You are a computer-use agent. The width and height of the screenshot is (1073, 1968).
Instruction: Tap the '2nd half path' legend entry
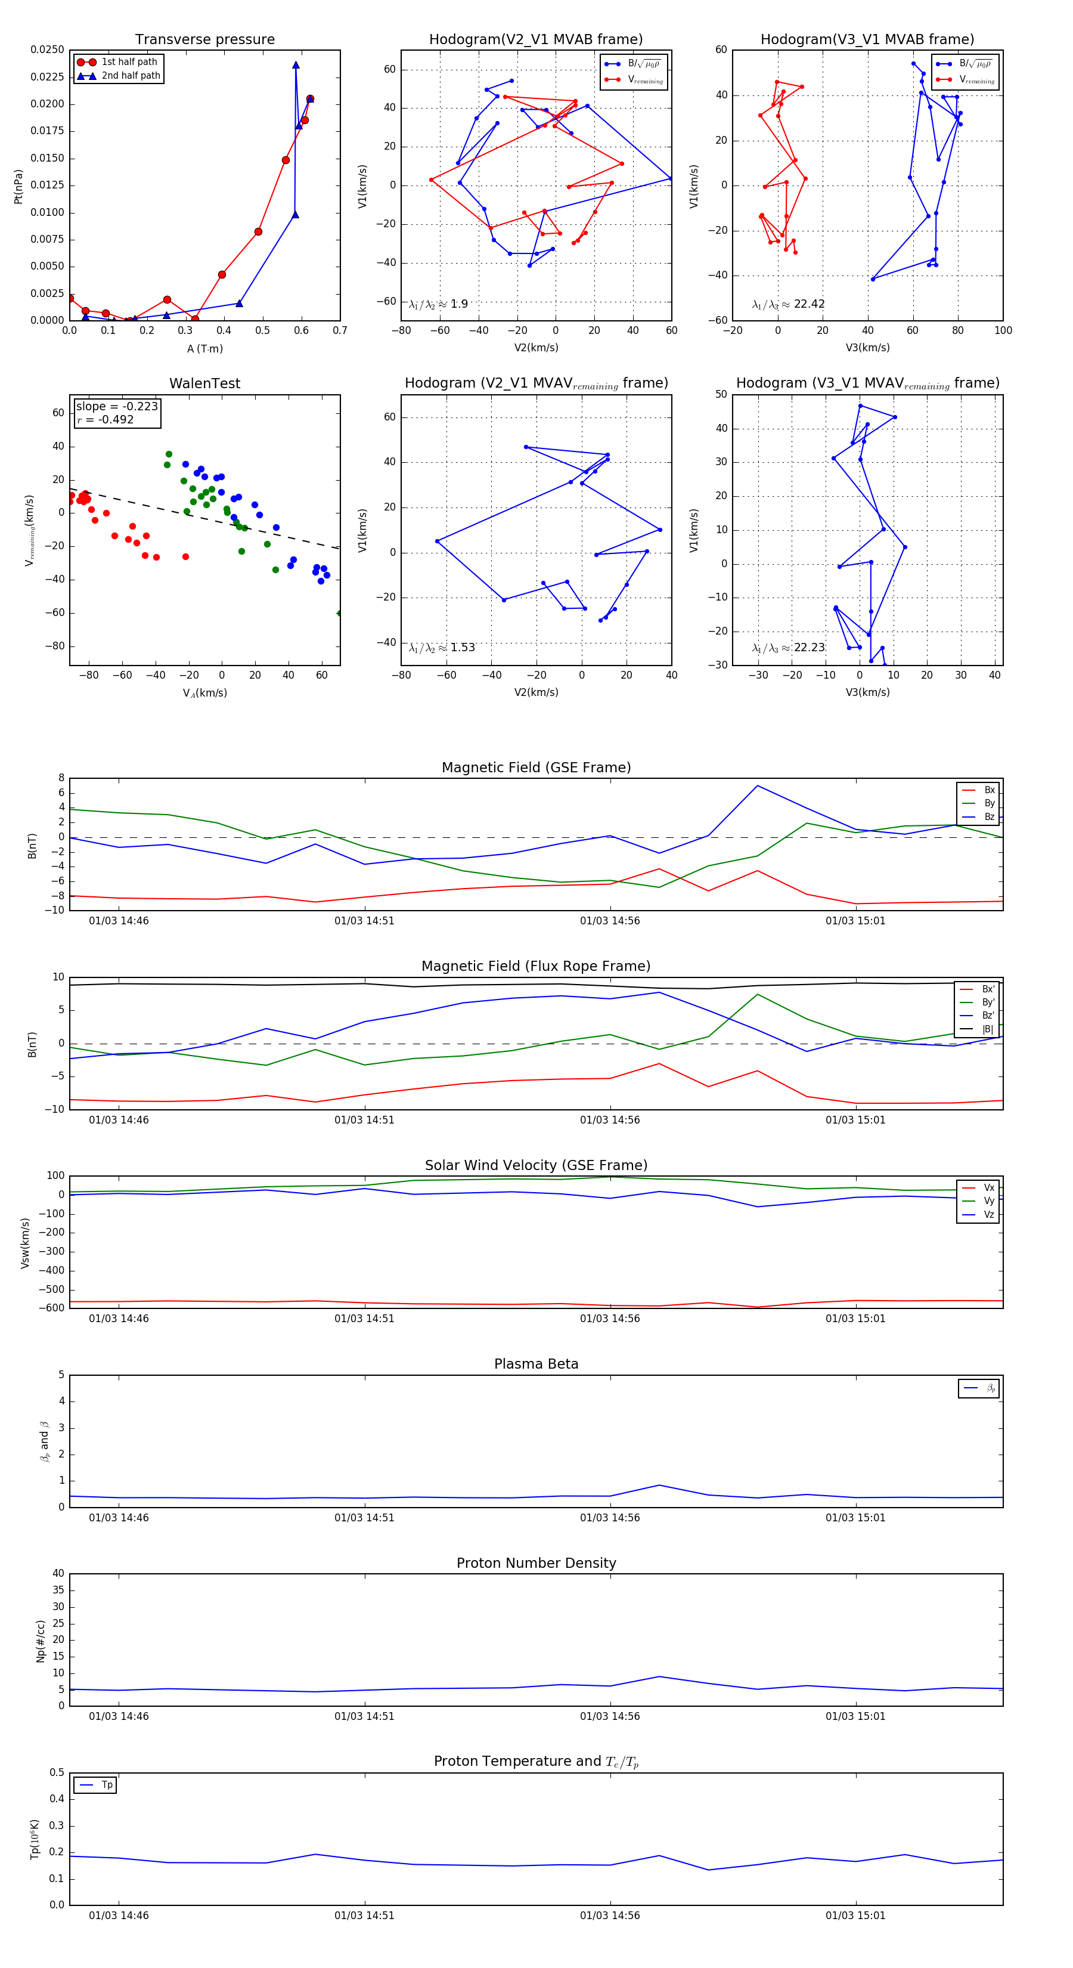pyautogui.click(x=131, y=76)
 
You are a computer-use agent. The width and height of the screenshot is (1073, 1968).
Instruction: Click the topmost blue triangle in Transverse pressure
pyautogui.click(x=296, y=65)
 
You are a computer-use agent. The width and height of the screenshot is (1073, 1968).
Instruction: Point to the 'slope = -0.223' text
pyautogui.click(x=117, y=407)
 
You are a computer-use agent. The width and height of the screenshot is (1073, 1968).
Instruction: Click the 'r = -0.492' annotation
pyautogui.click(x=106, y=419)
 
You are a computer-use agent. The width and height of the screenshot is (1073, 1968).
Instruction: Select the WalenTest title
pyautogui.click(x=204, y=383)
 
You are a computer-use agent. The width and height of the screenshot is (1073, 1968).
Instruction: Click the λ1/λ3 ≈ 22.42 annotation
pyautogui.click(x=788, y=304)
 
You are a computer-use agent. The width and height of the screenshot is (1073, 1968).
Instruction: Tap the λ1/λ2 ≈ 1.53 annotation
pyautogui.click(x=442, y=648)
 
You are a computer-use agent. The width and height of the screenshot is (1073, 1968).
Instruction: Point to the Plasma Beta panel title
pyautogui.click(x=536, y=1364)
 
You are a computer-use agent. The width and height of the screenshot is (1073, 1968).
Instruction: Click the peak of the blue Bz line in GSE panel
pyautogui.click(x=757, y=785)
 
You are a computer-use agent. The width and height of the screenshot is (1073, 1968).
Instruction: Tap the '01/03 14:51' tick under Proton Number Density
pyautogui.click(x=364, y=1716)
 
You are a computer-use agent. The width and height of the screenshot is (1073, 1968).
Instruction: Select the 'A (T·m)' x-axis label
pyautogui.click(x=204, y=348)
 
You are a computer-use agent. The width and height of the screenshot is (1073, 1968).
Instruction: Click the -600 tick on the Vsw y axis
pyautogui.click(x=54, y=1308)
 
